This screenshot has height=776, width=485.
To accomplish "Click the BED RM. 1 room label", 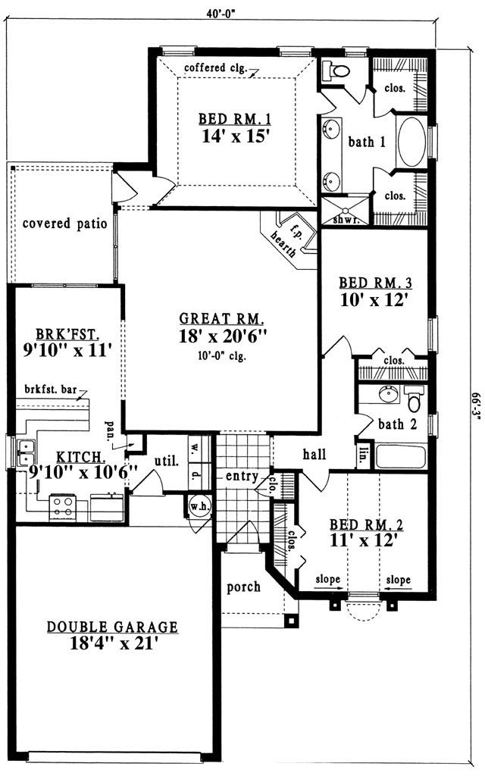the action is (x=235, y=119).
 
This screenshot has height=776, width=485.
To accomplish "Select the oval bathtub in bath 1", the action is (x=411, y=142).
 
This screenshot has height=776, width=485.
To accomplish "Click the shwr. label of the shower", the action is (x=345, y=219).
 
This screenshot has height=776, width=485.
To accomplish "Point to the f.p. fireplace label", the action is (x=296, y=229).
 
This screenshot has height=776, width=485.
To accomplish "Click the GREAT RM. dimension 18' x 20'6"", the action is (x=223, y=336).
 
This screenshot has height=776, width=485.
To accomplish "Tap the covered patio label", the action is (x=65, y=224).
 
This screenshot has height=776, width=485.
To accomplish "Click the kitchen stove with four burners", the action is (x=63, y=507).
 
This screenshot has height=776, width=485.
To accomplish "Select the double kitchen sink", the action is (x=25, y=453).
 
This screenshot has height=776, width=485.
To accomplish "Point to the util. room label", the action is (x=166, y=462).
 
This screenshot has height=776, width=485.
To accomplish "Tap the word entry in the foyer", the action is (x=242, y=477).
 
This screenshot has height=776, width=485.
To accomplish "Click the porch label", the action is (x=243, y=587).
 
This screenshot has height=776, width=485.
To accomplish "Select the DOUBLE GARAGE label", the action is (x=112, y=627).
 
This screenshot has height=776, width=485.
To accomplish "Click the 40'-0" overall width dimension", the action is (x=221, y=13).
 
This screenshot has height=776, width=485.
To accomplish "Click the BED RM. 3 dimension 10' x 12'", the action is (x=374, y=299).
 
